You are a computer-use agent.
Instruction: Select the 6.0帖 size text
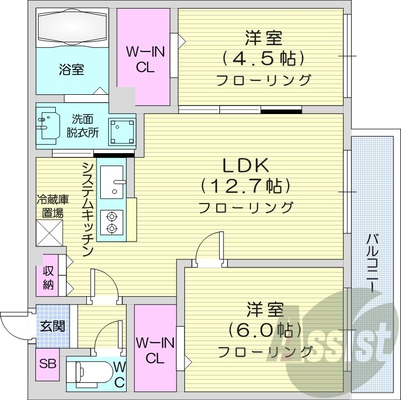click(x=264, y=329)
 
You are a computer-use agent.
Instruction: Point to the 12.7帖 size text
click(x=246, y=186)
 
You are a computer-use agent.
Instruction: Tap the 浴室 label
click(x=71, y=70)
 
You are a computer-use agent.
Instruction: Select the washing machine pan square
click(x=122, y=131)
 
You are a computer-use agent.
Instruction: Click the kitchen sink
click(x=113, y=181)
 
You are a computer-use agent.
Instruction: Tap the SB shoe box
click(x=48, y=364)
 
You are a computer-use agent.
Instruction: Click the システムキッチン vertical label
click(x=87, y=209)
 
